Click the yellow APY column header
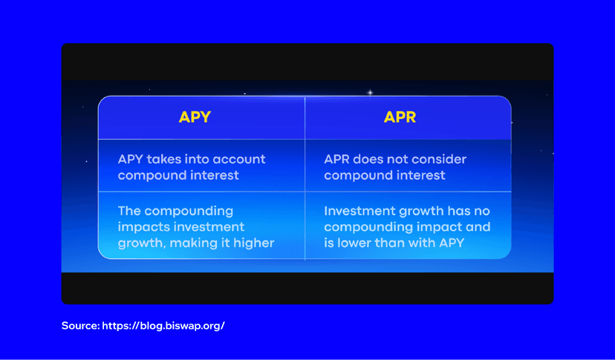point(195,117)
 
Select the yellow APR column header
point(400,117)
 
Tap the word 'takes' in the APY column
point(165,160)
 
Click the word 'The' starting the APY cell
point(131,212)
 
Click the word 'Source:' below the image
point(79,326)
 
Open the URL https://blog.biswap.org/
point(163,326)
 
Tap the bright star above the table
point(370,93)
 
